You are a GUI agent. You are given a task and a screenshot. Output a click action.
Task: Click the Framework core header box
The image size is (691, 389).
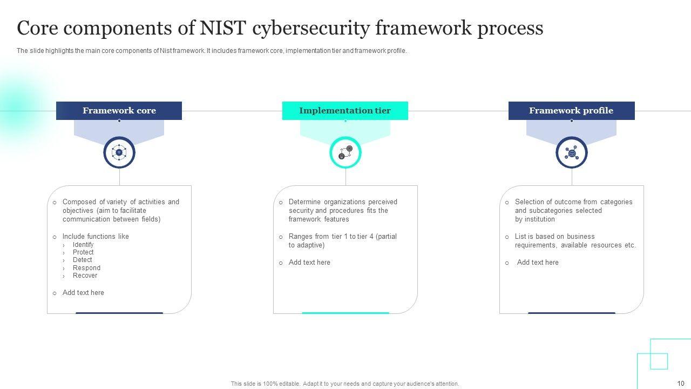pyautogui.click(x=119, y=111)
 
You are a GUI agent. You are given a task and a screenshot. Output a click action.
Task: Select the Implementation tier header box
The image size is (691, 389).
pyautogui.click(x=345, y=111)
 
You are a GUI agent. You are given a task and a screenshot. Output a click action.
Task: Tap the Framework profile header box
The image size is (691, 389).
pyautogui.click(x=571, y=111)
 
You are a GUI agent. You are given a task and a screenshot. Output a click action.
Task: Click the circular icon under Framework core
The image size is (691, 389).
pyautogui.click(x=119, y=153)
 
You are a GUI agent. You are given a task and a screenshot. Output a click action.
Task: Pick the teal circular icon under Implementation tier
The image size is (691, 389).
pyautogui.click(x=345, y=153)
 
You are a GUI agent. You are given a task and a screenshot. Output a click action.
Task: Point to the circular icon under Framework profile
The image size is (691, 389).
pyautogui.click(x=572, y=153)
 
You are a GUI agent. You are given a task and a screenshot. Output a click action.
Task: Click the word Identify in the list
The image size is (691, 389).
pyautogui.click(x=83, y=245)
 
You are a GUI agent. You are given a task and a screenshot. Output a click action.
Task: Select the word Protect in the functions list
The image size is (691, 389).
pyautogui.click(x=83, y=252)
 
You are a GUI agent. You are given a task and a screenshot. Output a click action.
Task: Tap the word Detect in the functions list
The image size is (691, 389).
pyautogui.click(x=82, y=260)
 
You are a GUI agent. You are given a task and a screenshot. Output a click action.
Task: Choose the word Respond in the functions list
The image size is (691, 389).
pyautogui.click(x=86, y=268)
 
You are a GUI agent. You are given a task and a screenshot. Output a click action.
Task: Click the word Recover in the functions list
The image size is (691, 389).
pyautogui.click(x=85, y=276)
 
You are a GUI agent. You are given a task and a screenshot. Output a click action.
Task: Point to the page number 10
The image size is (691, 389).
pyautogui.click(x=681, y=384)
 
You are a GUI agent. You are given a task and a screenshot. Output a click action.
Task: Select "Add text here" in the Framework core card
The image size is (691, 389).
pyautogui.click(x=83, y=293)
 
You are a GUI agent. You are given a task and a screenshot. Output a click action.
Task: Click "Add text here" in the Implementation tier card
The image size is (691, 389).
pyautogui.click(x=309, y=263)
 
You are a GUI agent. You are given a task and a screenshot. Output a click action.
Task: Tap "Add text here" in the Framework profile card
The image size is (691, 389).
pyautogui.click(x=538, y=263)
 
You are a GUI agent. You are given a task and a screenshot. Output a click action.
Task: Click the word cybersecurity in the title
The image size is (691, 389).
pyautogui.click(x=310, y=28)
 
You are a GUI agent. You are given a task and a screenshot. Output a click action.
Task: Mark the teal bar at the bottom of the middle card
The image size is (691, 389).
pyautogui.click(x=345, y=313)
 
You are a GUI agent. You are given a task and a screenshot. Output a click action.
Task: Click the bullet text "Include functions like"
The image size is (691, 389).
pyautogui.click(x=96, y=237)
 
